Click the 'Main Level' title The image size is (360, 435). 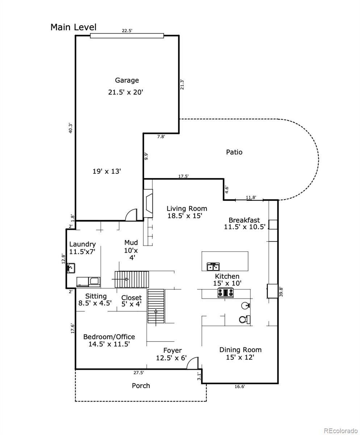[74, 27]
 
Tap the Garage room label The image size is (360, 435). [127, 80]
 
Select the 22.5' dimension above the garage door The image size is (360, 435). [127, 31]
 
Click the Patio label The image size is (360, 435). [234, 152]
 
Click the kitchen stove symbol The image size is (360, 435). [225, 293]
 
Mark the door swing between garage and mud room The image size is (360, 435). [131, 215]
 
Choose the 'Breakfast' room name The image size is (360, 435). [244, 220]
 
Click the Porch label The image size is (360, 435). [141, 386]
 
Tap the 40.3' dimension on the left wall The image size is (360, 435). [71, 129]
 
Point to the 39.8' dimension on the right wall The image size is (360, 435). [281, 292]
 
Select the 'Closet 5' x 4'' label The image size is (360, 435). [131, 301]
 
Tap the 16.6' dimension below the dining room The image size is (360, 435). [239, 386]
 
